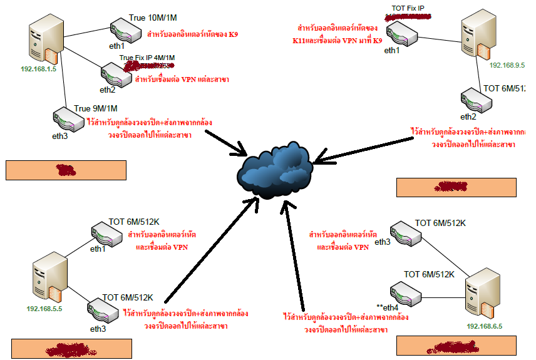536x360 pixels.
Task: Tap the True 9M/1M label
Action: [x=96, y=108]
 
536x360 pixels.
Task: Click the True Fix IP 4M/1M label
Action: [x=147, y=58]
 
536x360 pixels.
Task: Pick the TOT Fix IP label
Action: [x=408, y=8]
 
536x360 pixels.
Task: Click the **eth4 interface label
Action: [x=387, y=307]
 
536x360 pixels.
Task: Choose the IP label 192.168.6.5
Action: [x=485, y=326]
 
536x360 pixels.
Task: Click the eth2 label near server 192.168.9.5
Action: [x=468, y=116]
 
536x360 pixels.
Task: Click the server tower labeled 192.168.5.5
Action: [x=49, y=278]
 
